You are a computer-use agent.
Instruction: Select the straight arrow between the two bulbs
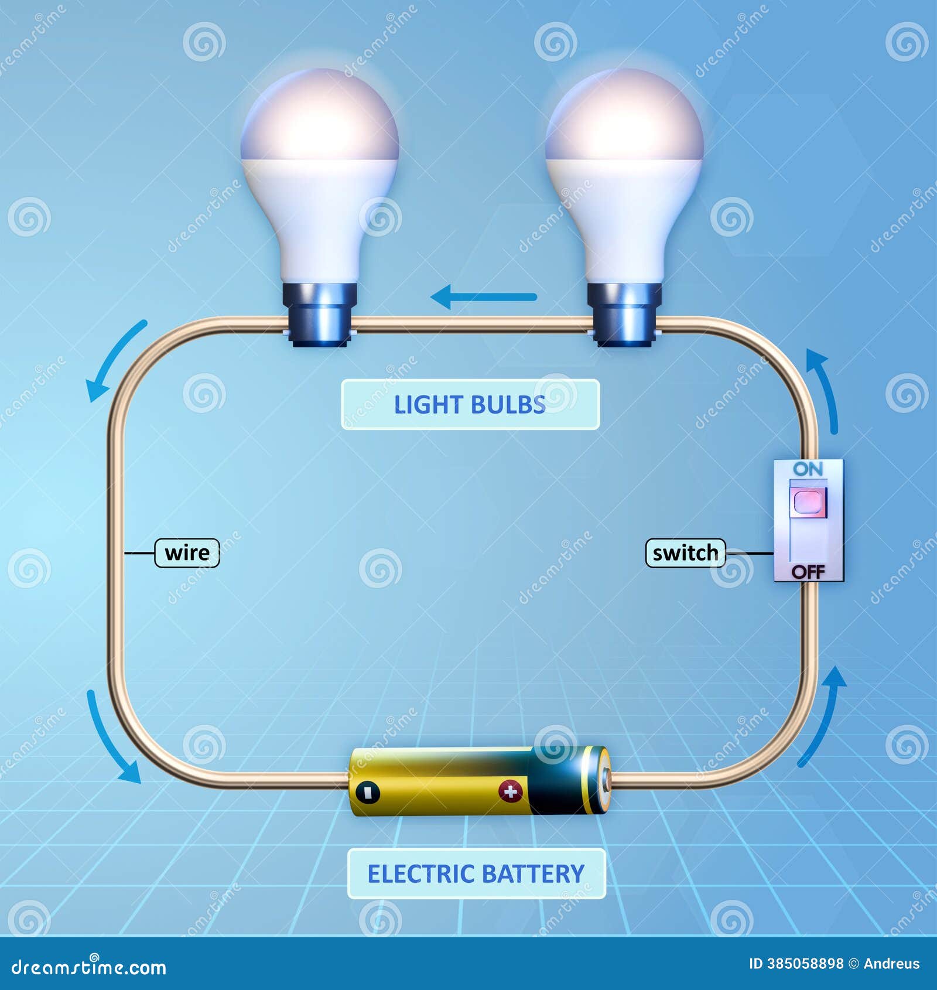(484, 297)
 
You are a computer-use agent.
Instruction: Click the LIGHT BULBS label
(470, 405)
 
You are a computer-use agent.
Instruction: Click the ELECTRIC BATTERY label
(476, 873)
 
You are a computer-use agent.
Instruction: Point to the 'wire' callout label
(187, 553)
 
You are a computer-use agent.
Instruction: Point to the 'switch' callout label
(685, 553)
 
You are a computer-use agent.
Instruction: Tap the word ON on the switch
(808, 469)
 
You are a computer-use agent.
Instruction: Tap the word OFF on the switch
(808, 572)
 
